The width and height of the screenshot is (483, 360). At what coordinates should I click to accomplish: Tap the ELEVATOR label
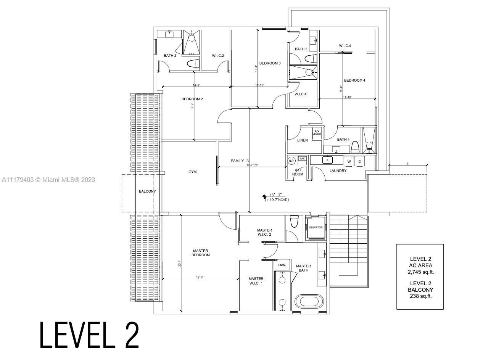[316, 227]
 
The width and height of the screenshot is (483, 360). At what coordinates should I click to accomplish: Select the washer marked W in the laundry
[349, 161]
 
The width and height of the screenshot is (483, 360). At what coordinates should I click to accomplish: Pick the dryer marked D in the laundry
[359, 161]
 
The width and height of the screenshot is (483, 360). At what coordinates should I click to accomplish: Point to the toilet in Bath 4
[355, 147]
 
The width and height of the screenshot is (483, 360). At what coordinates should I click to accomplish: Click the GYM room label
[193, 172]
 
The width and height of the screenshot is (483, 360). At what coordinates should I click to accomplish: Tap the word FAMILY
[237, 161]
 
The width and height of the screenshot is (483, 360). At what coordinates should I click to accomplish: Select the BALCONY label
[147, 191]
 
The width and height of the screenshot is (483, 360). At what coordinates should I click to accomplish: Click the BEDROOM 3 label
[270, 63]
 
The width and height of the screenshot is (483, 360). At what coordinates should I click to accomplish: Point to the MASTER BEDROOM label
[201, 253]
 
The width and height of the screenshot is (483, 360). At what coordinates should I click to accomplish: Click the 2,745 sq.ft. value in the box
[420, 272]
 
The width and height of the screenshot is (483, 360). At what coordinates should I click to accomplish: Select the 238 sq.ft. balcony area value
[420, 296]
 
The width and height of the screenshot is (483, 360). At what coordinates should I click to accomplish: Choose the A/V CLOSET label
[317, 133]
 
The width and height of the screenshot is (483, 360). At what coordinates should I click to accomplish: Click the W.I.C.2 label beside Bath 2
[218, 56]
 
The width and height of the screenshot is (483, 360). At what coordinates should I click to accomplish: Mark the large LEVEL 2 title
[90, 335]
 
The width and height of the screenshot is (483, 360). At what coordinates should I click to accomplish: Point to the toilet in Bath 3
[311, 59]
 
